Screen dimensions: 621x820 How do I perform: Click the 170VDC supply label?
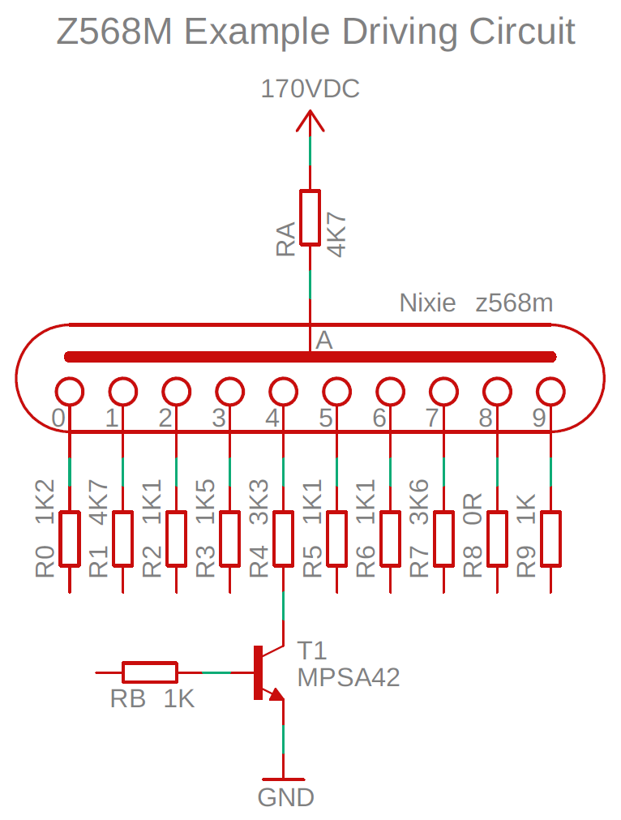pos(310,89)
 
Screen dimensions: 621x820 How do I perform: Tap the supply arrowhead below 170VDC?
pos(310,120)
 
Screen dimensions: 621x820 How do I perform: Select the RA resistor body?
pos(310,217)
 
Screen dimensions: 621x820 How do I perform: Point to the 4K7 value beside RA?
pos(336,234)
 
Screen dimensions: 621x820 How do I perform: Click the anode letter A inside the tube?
pos(324,341)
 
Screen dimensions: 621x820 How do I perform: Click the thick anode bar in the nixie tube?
pos(310,357)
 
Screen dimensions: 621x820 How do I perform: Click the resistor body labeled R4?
pos(283,539)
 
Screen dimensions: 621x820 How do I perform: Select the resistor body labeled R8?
pos(497,539)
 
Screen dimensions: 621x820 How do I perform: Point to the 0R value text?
pos(473,509)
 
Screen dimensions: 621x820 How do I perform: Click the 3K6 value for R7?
pos(419,502)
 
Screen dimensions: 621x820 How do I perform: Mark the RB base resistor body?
pos(149,672)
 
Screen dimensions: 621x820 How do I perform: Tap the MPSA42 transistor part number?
pos(349,678)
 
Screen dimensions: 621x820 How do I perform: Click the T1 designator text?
pos(312,651)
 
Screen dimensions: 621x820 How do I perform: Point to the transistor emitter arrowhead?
pos(276,693)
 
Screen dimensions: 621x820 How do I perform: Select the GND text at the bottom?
pos(286,798)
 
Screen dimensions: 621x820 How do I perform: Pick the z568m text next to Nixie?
pos(514,303)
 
